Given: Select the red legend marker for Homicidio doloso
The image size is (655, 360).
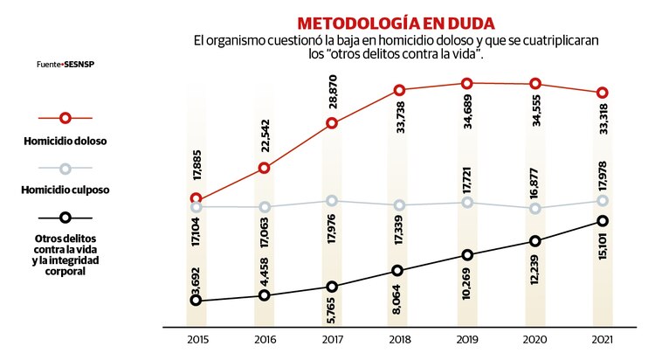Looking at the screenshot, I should tap(65, 118).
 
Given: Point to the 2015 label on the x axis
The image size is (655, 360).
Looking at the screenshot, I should tap(196, 340).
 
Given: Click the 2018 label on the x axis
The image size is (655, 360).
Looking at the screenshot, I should tap(398, 340).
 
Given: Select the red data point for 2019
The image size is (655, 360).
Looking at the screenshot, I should tap(466, 84).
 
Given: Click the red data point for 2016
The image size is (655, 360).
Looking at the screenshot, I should tap(264, 168).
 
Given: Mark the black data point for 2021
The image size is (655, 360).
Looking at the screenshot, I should tap(602, 221).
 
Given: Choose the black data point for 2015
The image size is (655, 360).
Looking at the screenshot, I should tap(196, 301).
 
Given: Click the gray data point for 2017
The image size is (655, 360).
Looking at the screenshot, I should tap(331, 201).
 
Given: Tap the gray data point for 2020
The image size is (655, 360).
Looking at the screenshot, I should tap(534, 208).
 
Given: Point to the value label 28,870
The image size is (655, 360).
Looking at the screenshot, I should tap(331, 91).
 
